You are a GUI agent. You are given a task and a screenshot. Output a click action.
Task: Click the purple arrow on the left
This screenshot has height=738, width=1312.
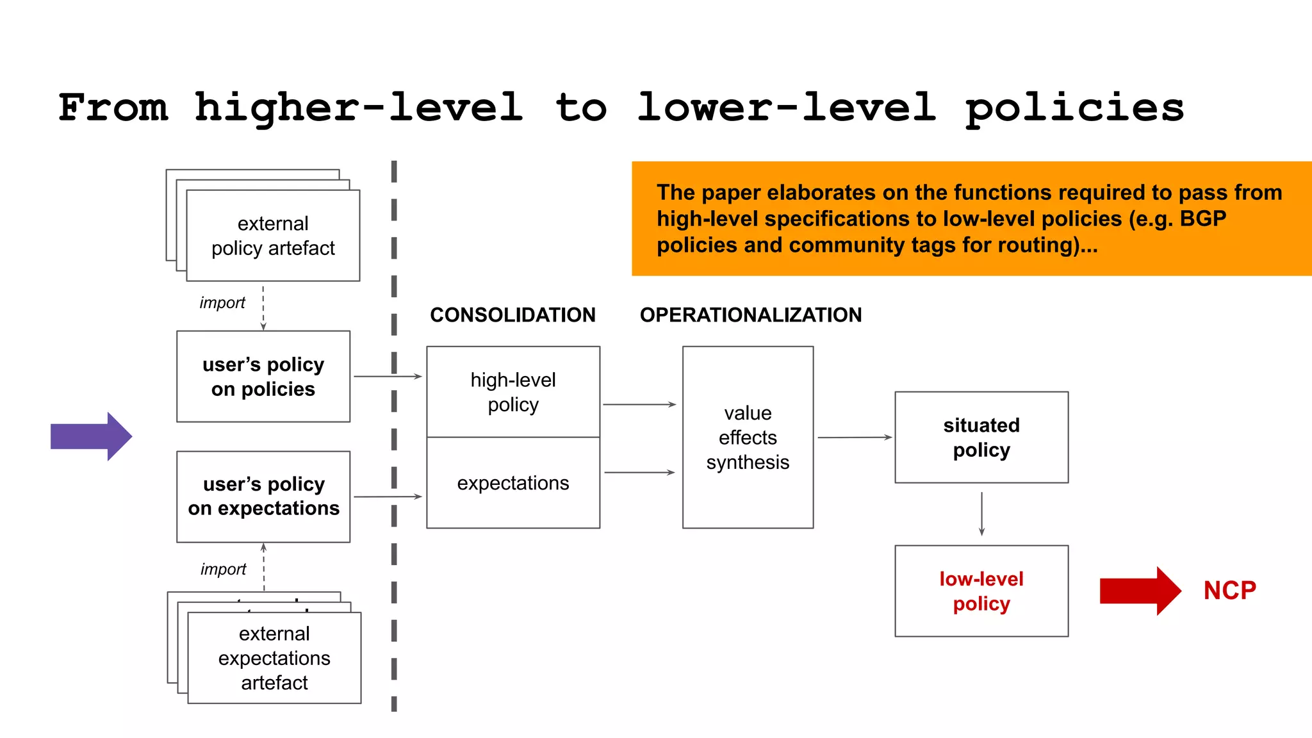[x=90, y=436]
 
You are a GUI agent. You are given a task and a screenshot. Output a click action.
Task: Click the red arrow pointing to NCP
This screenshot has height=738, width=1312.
[x=1139, y=591]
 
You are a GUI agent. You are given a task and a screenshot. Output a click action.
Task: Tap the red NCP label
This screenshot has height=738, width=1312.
[x=1229, y=591]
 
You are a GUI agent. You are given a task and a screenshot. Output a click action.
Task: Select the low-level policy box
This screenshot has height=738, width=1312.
[x=981, y=591]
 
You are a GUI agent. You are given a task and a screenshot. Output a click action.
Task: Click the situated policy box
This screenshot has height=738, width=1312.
[x=981, y=437]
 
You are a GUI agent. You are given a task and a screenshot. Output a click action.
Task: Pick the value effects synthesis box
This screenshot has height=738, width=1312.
[x=748, y=437]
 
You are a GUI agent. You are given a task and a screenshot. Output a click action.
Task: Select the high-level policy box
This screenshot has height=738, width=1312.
[x=512, y=392]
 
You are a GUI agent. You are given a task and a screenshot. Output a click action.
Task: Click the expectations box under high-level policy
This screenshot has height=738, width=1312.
[x=512, y=483]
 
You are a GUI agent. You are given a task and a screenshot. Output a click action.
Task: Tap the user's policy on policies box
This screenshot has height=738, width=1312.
[x=263, y=377]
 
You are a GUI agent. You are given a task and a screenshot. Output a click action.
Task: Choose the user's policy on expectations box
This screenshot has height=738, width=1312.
[x=263, y=496]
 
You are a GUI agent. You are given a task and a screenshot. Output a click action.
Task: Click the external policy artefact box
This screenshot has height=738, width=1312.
[x=273, y=236]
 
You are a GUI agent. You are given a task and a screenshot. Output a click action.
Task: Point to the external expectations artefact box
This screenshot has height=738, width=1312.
[x=274, y=658]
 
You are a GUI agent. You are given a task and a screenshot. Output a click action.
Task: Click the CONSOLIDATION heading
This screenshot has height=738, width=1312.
[x=512, y=315]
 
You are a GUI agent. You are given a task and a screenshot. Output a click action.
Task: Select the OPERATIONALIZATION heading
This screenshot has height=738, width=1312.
[x=750, y=315]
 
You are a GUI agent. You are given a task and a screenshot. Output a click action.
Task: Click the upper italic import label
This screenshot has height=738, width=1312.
[x=222, y=302]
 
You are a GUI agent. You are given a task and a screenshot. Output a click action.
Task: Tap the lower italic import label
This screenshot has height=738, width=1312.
[x=223, y=569]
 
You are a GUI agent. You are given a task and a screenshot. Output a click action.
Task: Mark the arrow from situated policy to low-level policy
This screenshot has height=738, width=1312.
[x=981, y=514]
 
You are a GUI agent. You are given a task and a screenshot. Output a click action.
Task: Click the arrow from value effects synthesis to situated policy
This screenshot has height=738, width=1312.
[x=854, y=438]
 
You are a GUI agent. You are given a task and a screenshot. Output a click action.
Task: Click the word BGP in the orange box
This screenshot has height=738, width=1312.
[x=1202, y=219]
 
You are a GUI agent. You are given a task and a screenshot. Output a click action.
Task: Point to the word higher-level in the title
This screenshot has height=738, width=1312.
[x=359, y=108]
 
